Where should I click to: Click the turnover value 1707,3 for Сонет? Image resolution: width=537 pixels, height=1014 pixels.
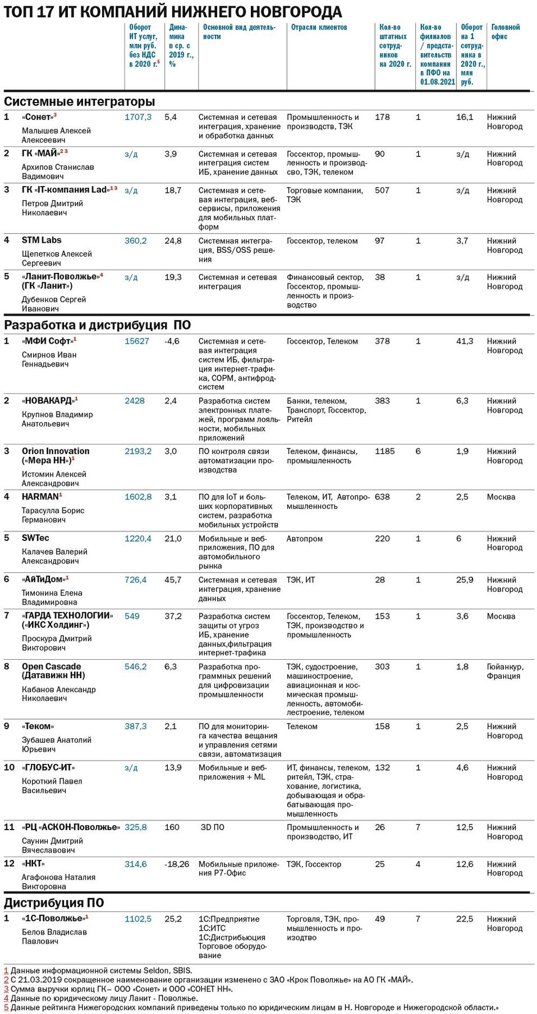click(x=137, y=117)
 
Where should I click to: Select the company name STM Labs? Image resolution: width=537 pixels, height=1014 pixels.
click(x=42, y=240)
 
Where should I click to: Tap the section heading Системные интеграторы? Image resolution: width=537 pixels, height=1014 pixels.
click(x=79, y=102)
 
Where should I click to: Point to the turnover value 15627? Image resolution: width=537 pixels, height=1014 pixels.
click(x=136, y=341)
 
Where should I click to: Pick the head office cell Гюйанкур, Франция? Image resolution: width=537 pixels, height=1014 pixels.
click(x=504, y=672)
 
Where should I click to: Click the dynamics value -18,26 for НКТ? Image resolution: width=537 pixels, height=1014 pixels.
click(x=177, y=864)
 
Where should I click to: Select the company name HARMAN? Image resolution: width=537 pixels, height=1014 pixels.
click(x=40, y=497)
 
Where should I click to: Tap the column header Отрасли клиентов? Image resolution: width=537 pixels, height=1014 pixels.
click(x=319, y=27)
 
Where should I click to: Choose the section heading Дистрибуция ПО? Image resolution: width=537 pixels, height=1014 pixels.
click(x=54, y=902)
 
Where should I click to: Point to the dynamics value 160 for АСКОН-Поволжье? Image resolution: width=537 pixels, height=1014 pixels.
click(x=172, y=827)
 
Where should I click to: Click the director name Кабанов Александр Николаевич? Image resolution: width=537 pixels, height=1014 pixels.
click(x=58, y=694)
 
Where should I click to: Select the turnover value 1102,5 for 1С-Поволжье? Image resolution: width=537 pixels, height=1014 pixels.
click(x=137, y=919)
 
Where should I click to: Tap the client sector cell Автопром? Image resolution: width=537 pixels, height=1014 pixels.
click(x=304, y=539)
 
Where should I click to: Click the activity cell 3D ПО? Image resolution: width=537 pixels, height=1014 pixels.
click(x=212, y=827)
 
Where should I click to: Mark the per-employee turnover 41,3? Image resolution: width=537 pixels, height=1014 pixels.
click(x=464, y=341)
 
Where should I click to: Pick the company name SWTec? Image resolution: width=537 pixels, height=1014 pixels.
click(x=35, y=538)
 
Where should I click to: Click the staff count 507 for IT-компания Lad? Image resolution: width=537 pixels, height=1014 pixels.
click(x=382, y=191)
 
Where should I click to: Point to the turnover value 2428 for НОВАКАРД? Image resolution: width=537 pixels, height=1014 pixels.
click(x=134, y=401)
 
